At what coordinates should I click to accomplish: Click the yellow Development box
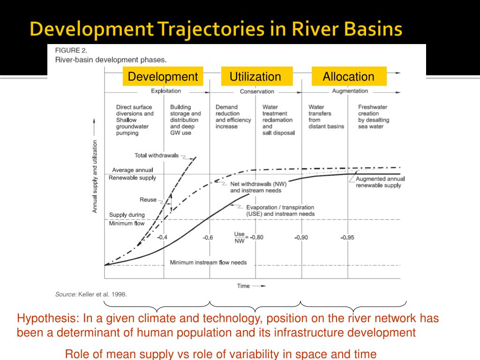[x=163, y=76]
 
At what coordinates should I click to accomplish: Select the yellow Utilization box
[x=256, y=76]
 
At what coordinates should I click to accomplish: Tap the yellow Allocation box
[x=349, y=76]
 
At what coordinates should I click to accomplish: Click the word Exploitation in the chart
[x=166, y=91]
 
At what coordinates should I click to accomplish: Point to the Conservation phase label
[x=257, y=91]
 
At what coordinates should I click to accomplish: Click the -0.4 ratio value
[x=162, y=237]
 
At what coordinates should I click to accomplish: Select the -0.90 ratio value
[x=301, y=237]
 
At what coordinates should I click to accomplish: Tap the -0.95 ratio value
[x=347, y=237]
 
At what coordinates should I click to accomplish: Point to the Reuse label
[x=148, y=200]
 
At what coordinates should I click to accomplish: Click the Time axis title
[x=243, y=285]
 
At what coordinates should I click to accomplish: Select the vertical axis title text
[x=95, y=176]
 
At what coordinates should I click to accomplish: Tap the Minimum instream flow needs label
[x=208, y=262]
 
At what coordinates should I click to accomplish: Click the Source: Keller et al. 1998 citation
[x=91, y=294]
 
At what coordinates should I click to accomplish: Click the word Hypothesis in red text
[x=48, y=319]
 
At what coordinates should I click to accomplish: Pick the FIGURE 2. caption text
[x=71, y=50]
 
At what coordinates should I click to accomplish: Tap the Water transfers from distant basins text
[x=326, y=117]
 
